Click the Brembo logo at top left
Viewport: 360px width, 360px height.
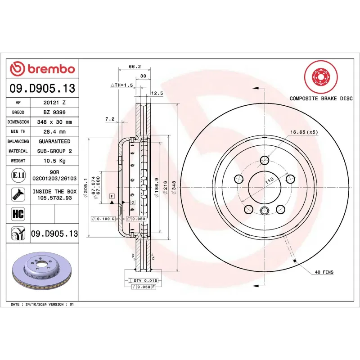pyautogui.click(x=42, y=69)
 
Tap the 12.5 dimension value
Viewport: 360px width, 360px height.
pyautogui.click(x=157, y=93)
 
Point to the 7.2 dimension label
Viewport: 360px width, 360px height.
pyautogui.click(x=110, y=119)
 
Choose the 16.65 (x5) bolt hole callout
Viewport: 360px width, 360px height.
pyautogui.click(x=304, y=132)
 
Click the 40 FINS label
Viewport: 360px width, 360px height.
pyautogui.click(x=324, y=272)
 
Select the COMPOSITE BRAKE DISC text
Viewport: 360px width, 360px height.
pyautogui.click(x=320, y=98)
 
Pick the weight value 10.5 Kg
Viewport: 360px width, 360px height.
pyautogui.click(x=54, y=161)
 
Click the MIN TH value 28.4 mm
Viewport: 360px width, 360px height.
pyautogui.click(x=54, y=132)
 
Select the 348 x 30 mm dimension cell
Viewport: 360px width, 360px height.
pyautogui.click(x=54, y=122)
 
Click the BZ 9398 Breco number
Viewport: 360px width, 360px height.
pyautogui.click(x=54, y=112)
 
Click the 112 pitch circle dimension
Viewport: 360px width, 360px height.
pyautogui.click(x=269, y=181)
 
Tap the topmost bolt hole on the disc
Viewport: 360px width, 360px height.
pyautogui.click(x=265, y=160)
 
